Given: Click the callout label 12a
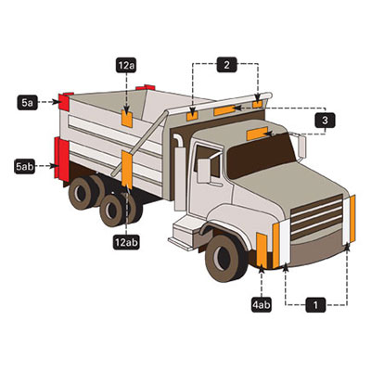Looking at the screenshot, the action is (x=126, y=65).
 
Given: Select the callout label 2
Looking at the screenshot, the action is (x=227, y=65).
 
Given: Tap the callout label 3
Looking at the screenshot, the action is (x=325, y=120).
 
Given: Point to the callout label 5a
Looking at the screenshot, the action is (x=27, y=102).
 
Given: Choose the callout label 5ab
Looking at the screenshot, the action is (x=24, y=166).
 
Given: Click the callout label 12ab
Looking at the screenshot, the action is (x=126, y=242).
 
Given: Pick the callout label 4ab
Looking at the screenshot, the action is (x=262, y=305).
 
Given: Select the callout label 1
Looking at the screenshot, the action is (x=315, y=305).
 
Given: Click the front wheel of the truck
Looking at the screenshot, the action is (x=226, y=259).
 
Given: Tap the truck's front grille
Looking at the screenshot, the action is (x=316, y=216).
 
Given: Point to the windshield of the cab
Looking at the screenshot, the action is (x=261, y=155).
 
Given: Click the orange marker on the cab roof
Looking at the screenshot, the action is (x=257, y=134).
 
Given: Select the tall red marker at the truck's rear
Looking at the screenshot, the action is (x=62, y=159).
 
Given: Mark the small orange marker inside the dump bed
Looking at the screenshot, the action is (x=127, y=119).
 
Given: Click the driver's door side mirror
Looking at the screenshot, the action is (x=204, y=171).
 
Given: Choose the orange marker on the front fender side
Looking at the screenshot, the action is (x=262, y=250).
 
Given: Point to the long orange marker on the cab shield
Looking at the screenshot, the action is (x=224, y=110).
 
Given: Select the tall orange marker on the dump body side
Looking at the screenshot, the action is (x=127, y=170).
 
